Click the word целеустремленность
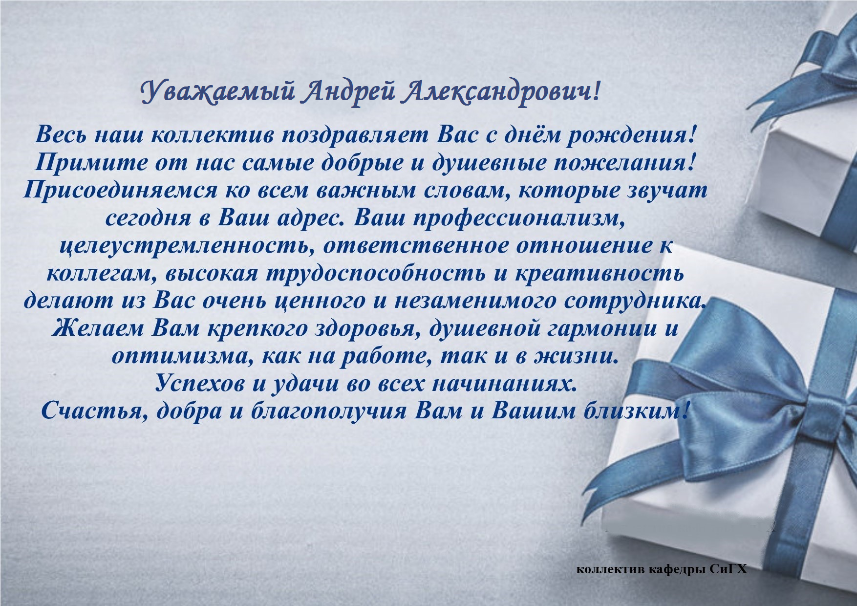tap(186, 246)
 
